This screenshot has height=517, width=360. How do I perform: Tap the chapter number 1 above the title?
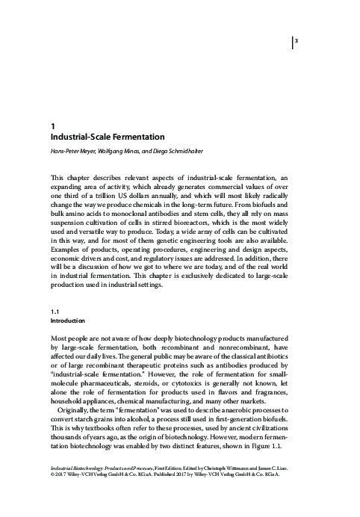[x=50, y=127]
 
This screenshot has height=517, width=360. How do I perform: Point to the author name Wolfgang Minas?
[x=128, y=152]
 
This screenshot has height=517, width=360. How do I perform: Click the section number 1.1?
[x=54, y=331]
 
